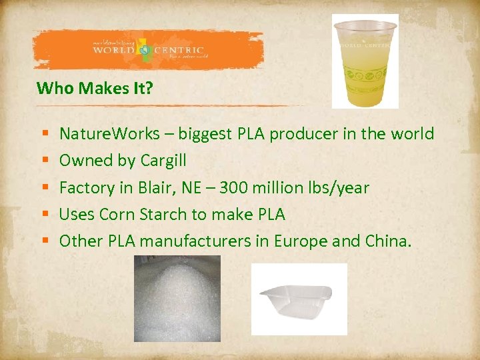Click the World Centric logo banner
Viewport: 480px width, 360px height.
pos(148,50)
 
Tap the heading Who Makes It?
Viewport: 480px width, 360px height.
pos(95,88)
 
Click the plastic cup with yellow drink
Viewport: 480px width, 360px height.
pos(365,61)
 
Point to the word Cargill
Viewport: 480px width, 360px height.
pos(163,161)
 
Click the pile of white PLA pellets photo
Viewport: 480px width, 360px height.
pos(177,299)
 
